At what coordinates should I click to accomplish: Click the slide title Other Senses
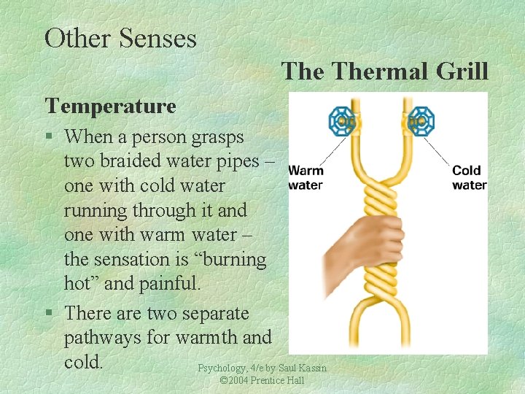click(x=120, y=38)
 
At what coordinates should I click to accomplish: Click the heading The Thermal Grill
click(x=384, y=72)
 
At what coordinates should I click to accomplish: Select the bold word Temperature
click(x=111, y=107)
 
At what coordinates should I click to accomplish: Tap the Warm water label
click(x=306, y=177)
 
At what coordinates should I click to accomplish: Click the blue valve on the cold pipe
click(x=420, y=120)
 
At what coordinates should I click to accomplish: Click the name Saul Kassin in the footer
click(x=303, y=368)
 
